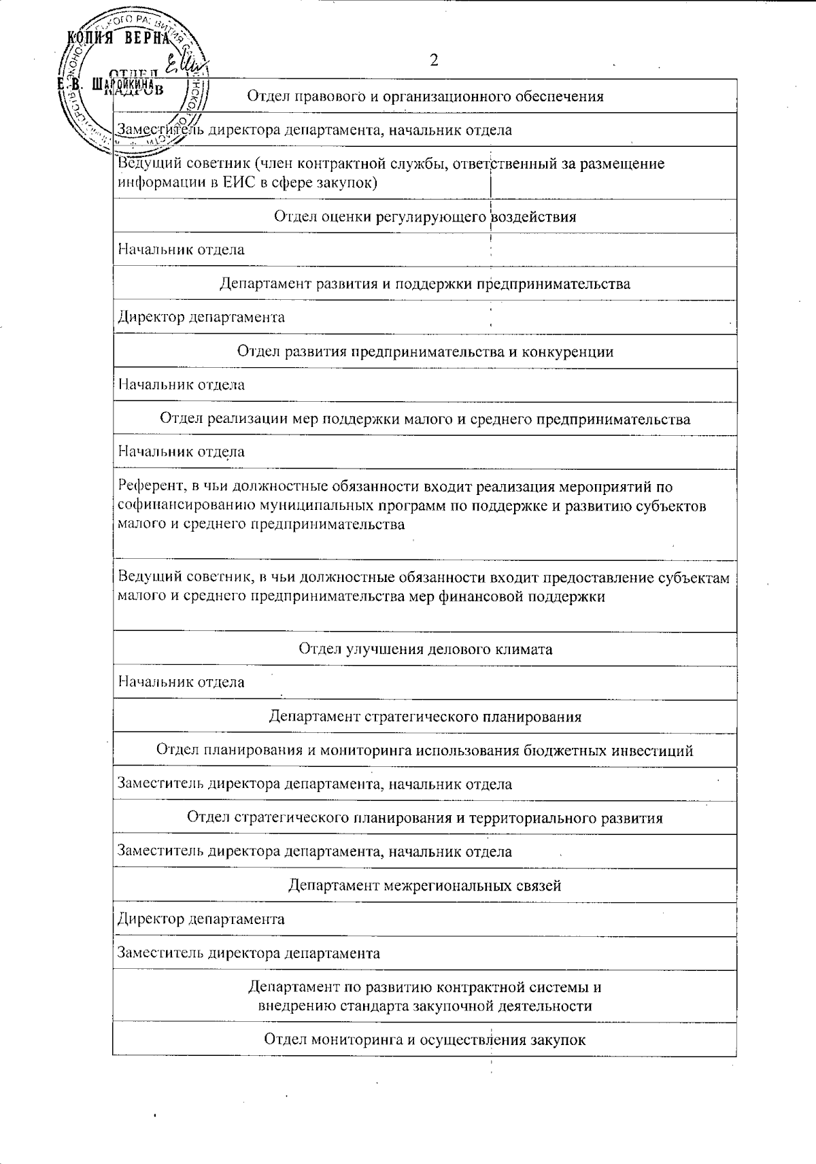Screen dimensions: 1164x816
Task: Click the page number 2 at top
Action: [x=434, y=61]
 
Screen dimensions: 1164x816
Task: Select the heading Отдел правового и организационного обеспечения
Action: [x=425, y=96]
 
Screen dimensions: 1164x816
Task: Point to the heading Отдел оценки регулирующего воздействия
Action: [x=425, y=216]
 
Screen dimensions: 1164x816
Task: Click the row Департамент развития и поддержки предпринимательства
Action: [x=425, y=284]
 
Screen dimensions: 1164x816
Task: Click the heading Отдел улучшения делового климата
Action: [x=425, y=649]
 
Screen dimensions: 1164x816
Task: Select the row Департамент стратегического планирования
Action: [x=425, y=716]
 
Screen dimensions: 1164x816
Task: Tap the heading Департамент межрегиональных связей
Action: [x=425, y=885]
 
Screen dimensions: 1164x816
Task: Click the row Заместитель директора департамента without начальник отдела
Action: [x=249, y=953]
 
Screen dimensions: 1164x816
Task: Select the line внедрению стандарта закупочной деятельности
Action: [x=425, y=1006]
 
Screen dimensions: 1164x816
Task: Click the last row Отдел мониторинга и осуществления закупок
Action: [x=425, y=1040]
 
